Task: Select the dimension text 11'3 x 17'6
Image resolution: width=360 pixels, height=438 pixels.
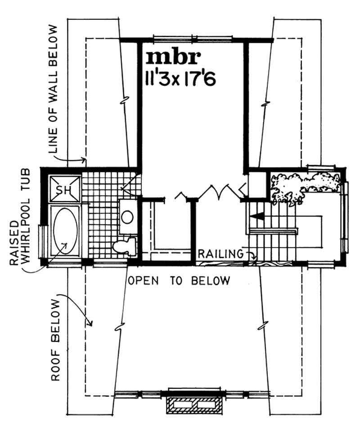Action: click(x=180, y=78)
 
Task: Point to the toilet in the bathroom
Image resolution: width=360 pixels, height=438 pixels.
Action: click(x=124, y=246)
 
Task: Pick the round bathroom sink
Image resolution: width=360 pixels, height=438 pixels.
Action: click(x=127, y=217)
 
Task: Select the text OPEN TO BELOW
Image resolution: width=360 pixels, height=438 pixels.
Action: click(x=179, y=281)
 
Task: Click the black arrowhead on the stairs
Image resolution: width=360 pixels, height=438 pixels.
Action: click(x=257, y=217)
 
